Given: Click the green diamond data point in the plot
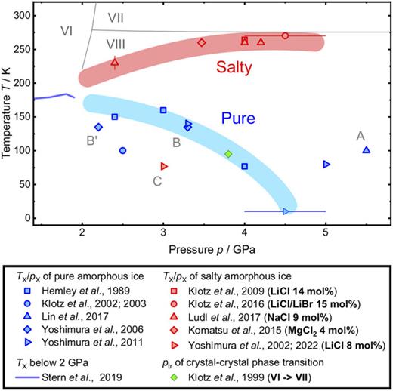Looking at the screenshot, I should [228, 154].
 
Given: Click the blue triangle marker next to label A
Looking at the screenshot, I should [367, 149].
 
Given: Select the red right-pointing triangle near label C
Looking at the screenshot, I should [164, 166].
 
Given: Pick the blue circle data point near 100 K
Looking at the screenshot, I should [123, 150].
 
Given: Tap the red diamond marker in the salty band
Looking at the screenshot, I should [202, 42].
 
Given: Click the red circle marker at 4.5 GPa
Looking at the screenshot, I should [285, 35].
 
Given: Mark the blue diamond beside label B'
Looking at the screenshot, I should [98, 127].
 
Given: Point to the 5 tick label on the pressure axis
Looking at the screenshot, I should [326, 229].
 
